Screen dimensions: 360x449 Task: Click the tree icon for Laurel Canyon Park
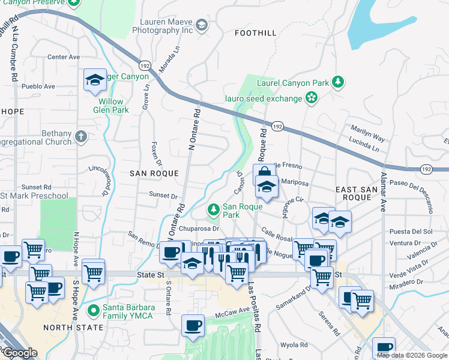338,82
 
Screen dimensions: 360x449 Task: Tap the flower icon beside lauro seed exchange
311,97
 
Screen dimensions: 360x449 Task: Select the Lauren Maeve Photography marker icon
202,25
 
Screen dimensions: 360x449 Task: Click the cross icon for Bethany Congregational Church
81,137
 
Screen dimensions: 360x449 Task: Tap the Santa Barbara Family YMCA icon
93,311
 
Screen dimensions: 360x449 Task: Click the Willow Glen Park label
111,106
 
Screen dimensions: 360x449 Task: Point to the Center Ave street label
64,58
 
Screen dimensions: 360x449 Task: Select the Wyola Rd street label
294,345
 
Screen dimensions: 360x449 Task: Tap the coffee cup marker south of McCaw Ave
193,325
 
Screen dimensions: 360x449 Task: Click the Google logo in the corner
20,353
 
